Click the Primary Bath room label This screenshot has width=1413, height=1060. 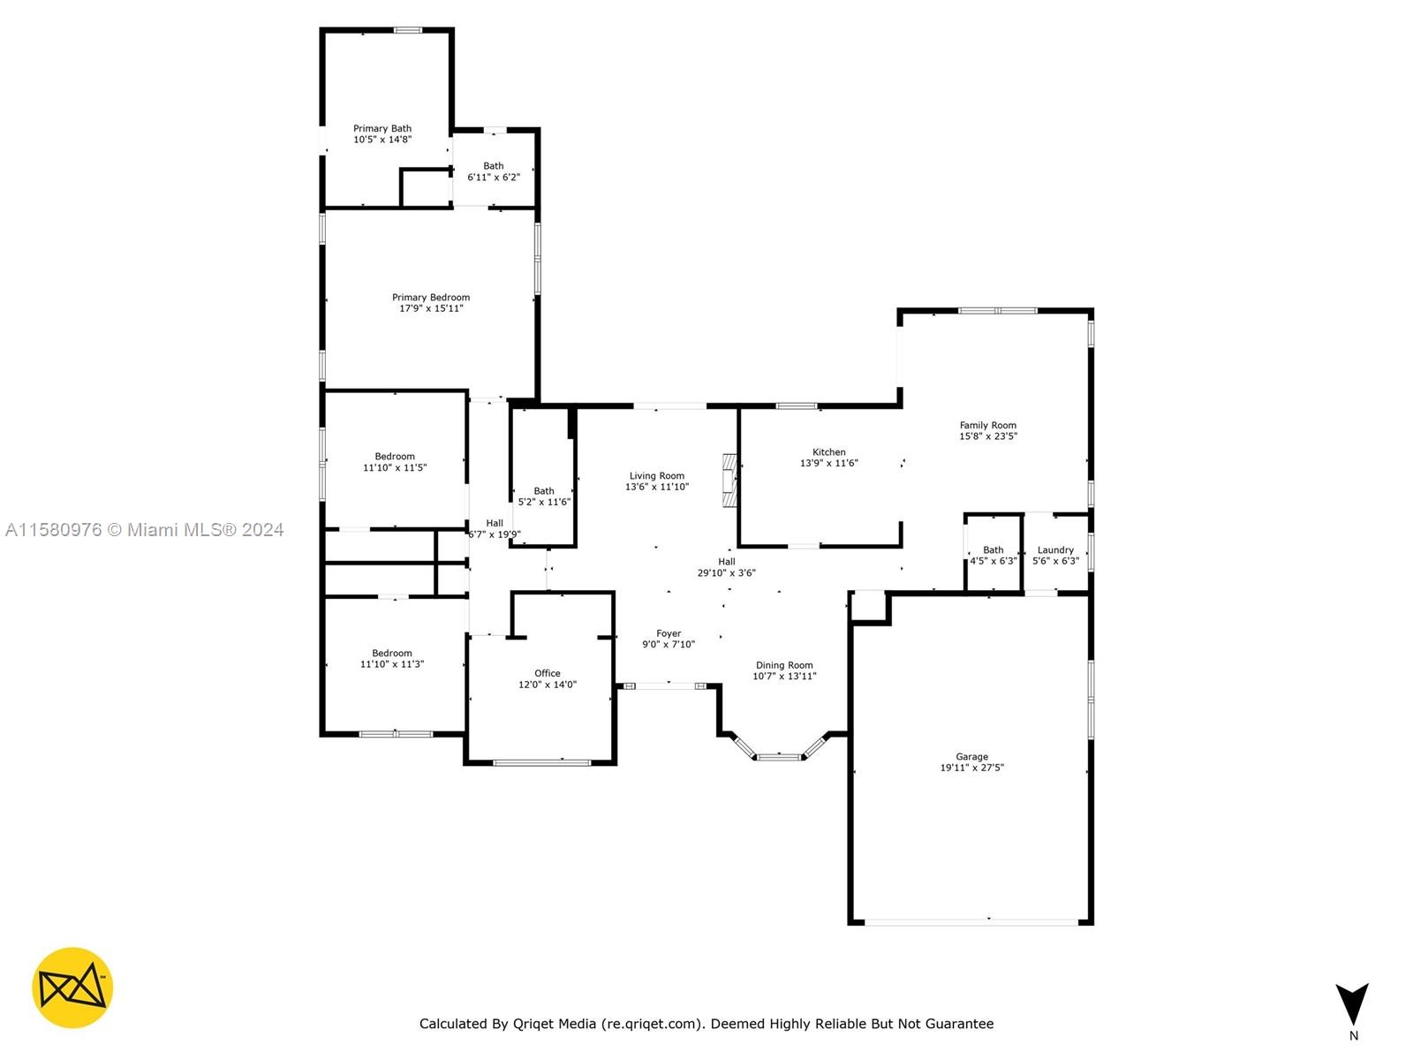[382, 129]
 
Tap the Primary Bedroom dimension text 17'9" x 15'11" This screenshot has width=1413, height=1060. [431, 308]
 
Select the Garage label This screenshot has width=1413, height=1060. [971, 757]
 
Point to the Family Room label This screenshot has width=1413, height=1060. [987, 426]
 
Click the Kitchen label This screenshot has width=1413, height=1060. [828, 452]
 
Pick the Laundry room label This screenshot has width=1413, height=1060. [1055, 550]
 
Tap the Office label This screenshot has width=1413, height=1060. [548, 673]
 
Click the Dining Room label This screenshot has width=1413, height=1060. [784, 665]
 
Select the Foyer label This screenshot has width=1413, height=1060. [669, 634]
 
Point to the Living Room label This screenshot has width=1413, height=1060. [657, 476]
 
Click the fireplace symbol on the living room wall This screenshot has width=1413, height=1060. [729, 481]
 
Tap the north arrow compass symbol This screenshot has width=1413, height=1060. [1352, 1005]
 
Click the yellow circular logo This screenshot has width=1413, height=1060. [72, 988]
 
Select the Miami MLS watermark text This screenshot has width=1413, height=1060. [144, 530]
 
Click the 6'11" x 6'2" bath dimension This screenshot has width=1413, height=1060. [493, 177]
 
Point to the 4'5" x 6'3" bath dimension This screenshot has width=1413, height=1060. [994, 561]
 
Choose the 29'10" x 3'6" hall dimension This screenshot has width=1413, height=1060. [726, 572]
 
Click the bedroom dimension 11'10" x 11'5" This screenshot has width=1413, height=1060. [395, 468]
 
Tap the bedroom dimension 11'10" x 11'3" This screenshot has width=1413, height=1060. [392, 664]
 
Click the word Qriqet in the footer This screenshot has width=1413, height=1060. [533, 1024]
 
